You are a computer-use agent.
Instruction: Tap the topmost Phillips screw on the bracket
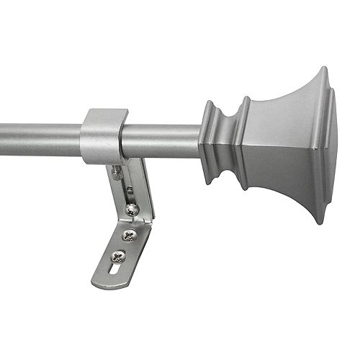[x=132, y=210]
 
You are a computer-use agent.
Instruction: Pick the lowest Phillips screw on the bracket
[x=117, y=256]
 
